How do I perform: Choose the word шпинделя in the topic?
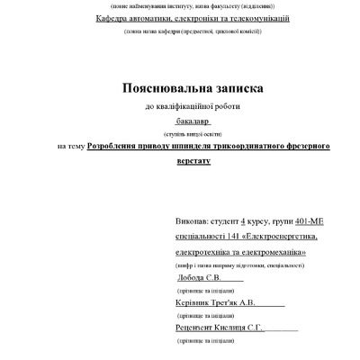[210, 144]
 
